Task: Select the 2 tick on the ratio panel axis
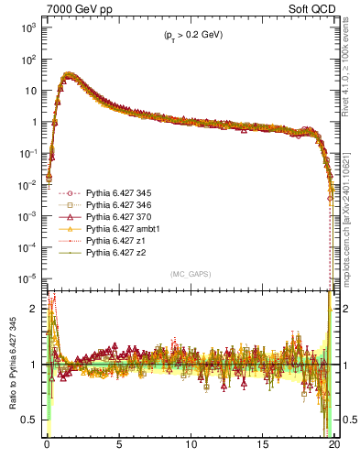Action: (x=36, y=309)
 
